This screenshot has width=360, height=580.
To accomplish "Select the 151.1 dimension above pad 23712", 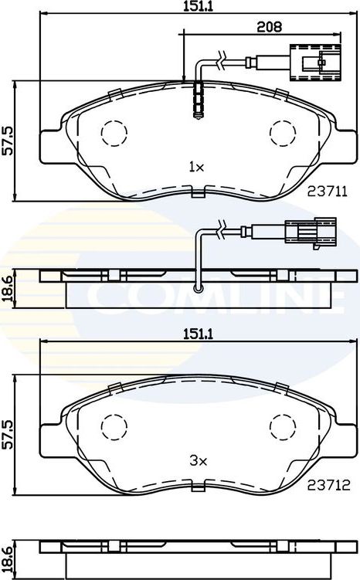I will (x=194, y=334).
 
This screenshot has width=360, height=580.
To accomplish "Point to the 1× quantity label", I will (x=195, y=166).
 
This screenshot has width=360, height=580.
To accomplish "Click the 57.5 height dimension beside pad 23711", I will (x=8, y=141).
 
